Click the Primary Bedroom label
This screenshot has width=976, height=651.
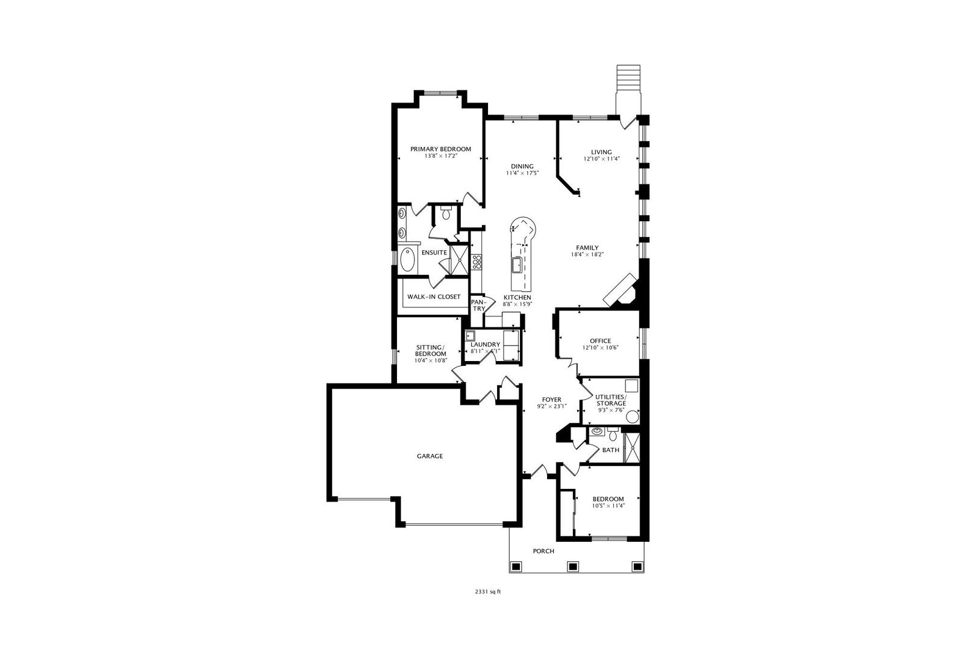(x=440, y=149)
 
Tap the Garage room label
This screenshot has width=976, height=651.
(x=430, y=456)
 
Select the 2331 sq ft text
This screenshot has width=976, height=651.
(x=488, y=592)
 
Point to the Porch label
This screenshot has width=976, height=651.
(x=543, y=551)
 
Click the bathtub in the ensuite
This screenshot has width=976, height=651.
(x=407, y=260)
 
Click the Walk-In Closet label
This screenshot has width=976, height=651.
(x=434, y=297)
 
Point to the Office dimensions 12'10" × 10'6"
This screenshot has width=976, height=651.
(x=601, y=348)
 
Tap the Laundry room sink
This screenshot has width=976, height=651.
(x=470, y=336)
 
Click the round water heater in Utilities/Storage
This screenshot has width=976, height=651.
(x=632, y=417)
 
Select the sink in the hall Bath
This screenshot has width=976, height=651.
(x=596, y=432)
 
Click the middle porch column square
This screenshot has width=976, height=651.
(x=572, y=567)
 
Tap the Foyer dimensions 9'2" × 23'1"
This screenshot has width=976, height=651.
(x=552, y=406)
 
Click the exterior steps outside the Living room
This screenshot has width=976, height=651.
(x=628, y=78)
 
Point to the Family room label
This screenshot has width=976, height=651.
(x=587, y=248)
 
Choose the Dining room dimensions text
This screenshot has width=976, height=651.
(x=522, y=173)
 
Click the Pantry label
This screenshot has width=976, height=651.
(x=479, y=305)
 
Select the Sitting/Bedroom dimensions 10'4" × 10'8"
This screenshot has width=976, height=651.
(x=431, y=360)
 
